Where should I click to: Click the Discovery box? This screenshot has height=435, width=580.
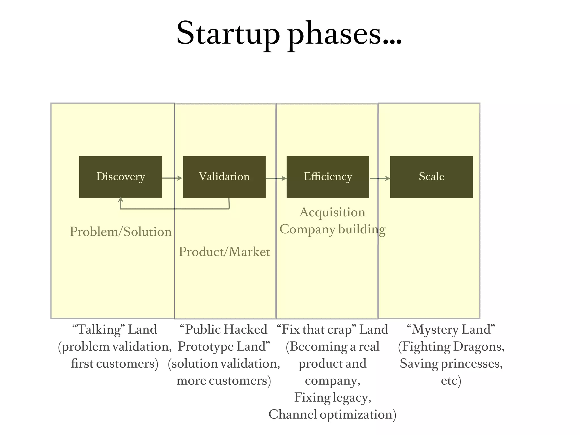(121, 177)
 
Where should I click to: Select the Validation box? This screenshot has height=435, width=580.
(224, 177)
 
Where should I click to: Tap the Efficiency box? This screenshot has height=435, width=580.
(328, 177)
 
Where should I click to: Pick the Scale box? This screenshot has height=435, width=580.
(431, 177)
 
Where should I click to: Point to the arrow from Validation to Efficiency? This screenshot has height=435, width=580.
(276, 178)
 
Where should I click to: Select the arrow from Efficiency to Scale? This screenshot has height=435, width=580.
(380, 178)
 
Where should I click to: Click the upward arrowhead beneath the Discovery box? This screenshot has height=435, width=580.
(121, 200)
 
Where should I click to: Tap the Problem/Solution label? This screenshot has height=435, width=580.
(121, 232)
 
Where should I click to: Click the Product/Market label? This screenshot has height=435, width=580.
(224, 252)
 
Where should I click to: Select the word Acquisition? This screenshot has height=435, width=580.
(332, 212)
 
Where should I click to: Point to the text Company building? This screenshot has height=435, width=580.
(332, 229)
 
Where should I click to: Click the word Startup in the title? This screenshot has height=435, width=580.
(228, 33)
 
